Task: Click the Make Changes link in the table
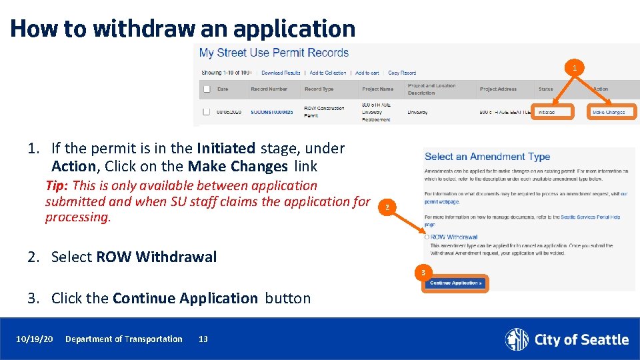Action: [609, 112]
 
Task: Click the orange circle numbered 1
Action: [573, 67]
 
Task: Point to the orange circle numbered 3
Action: [422, 272]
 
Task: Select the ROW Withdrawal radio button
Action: [427, 237]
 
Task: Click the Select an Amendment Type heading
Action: [487, 157]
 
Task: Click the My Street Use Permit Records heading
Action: [274, 53]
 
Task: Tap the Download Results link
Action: [281, 73]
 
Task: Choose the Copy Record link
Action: [402, 73]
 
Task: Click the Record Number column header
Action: [269, 89]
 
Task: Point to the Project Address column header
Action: [498, 89]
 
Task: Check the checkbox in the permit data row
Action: [207, 111]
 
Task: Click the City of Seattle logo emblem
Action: [516, 339]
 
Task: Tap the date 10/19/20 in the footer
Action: [35, 339]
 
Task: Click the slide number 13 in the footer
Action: [203, 339]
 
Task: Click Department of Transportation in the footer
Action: [123, 339]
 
